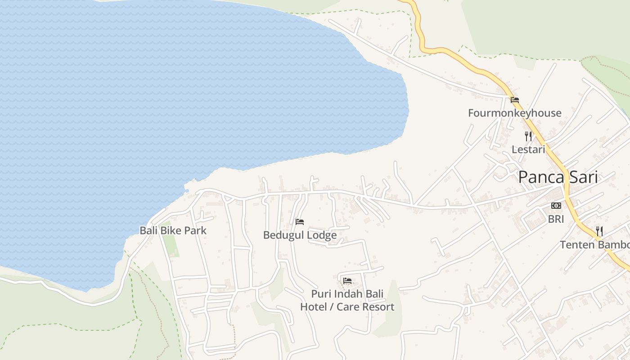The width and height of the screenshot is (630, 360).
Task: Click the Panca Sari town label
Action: [558, 177]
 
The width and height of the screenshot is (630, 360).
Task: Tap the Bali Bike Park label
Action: [173, 230]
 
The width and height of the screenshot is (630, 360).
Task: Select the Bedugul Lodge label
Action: [300, 235]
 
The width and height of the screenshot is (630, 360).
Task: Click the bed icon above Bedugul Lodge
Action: [300, 222]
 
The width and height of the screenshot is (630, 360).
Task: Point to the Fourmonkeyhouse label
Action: [514, 113]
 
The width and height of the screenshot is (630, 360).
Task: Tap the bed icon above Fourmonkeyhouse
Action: [515, 100]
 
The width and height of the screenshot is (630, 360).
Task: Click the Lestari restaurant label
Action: [528, 149]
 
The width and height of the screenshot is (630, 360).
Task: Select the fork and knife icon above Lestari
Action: [528, 136]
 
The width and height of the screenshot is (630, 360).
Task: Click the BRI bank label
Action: [556, 219]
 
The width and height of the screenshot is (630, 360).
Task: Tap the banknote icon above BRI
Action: [556, 206]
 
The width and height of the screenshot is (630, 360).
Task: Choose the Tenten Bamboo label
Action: [594, 245]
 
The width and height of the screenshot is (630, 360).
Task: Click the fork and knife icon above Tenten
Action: [599, 231]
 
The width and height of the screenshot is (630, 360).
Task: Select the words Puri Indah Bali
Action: [347, 294]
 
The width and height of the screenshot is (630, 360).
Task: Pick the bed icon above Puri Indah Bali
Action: [347, 281]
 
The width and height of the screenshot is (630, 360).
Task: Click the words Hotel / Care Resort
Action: [347, 307]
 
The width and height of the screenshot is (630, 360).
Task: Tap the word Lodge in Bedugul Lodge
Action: [321, 235]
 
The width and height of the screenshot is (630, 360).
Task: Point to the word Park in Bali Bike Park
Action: [196, 230]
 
